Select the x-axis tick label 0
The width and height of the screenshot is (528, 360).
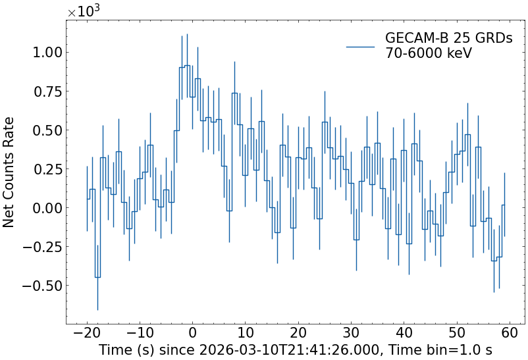pyautogui.click(x=192, y=334)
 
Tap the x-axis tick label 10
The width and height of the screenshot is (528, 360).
pyautogui.click(x=245, y=334)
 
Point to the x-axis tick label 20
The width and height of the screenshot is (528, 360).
pyautogui.click(x=298, y=334)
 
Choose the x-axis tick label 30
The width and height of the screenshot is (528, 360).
pyautogui.click(x=351, y=334)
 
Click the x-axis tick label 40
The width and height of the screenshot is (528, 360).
pyautogui.click(x=404, y=334)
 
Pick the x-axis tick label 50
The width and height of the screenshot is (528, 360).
pyautogui.click(x=457, y=334)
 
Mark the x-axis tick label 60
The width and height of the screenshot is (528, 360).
pyautogui.click(x=510, y=334)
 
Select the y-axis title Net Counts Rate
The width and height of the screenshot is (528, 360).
pyautogui.click(x=9, y=172)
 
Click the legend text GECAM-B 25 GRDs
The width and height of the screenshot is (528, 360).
pyautogui.click(x=448, y=39)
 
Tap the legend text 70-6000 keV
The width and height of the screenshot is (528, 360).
pyautogui.click(x=429, y=53)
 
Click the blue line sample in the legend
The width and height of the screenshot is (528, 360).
pyautogui.click(x=360, y=46)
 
